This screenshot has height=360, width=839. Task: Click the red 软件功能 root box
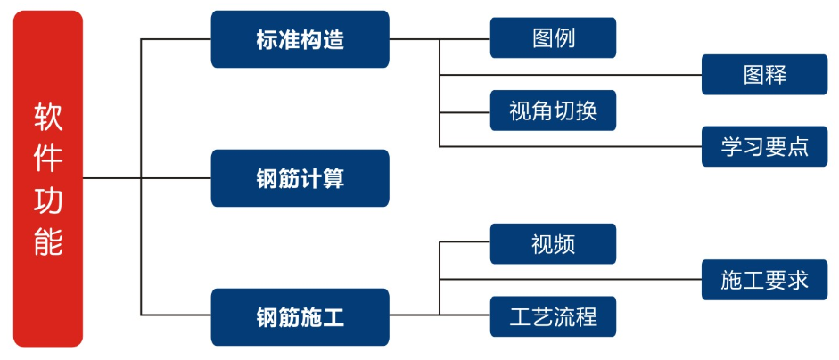coord(48,178)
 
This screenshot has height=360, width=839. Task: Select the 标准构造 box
coord(300,39)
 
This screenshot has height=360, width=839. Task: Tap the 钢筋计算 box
coord(300,178)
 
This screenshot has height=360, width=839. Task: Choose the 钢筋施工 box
coord(300,316)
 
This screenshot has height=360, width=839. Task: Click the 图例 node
coord(553,38)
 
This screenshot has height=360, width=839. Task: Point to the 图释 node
coord(764,75)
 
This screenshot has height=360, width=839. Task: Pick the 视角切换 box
coord(553,110)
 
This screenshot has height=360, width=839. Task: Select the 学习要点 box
coord(764,146)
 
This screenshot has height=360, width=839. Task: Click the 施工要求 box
coord(764,280)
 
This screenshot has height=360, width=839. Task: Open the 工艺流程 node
coord(553,315)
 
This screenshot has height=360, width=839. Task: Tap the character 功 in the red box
coord(48,200)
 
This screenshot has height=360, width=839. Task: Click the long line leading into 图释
coord(571,75)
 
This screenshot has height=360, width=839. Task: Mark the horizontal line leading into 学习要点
coord(571,146)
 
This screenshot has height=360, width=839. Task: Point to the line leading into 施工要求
coord(571,280)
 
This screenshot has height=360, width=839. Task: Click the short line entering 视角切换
coord(465,111)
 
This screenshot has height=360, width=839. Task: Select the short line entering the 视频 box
coord(465,241)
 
